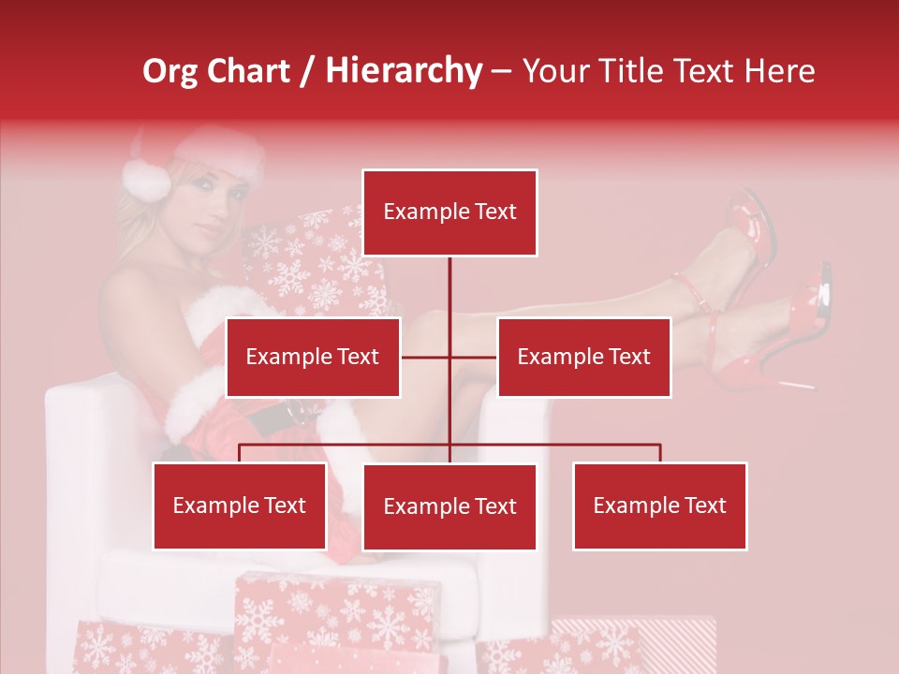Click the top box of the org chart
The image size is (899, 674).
pyautogui.click(x=449, y=212)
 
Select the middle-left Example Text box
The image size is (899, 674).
pyautogui.click(x=313, y=357)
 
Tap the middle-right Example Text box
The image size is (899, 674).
pyautogui.click(x=583, y=357)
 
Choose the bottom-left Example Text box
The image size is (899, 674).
pyautogui.click(x=240, y=505)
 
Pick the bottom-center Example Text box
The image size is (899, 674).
pyautogui.click(x=449, y=506)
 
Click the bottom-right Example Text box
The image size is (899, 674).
pyautogui.click(x=659, y=505)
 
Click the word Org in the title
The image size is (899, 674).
pyautogui.click(x=169, y=71)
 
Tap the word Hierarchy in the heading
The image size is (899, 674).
pyautogui.click(x=403, y=71)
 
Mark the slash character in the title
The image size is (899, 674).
pyautogui.click(x=307, y=71)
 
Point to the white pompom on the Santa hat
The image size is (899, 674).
pyautogui.click(x=146, y=178)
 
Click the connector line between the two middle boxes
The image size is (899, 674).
pyautogui.click(x=449, y=357)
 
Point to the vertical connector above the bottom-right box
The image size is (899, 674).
pyautogui.click(x=660, y=453)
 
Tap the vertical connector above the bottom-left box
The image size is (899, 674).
pyautogui.click(x=240, y=453)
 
